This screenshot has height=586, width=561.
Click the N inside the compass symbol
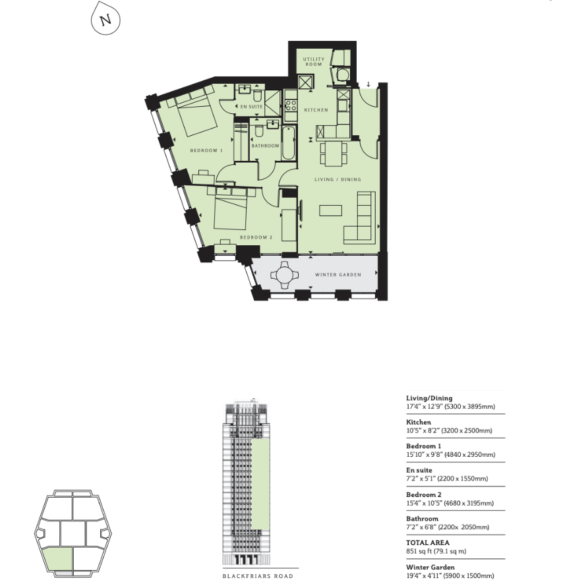106,19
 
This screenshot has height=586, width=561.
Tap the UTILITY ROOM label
314,62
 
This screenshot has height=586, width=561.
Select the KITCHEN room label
316,110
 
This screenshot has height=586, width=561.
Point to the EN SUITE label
252,107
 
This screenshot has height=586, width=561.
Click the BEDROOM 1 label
206,150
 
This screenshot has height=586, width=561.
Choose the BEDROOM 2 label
256,237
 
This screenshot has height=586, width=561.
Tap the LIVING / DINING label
338,179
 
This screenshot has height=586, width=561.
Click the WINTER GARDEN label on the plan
338,275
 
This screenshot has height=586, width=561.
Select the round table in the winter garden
285,276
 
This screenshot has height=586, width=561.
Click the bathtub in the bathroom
288,143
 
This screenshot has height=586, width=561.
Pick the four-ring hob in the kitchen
291,105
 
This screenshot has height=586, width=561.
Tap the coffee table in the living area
331,210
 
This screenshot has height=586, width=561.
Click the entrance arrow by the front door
369,84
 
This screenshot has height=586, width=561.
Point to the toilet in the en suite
258,96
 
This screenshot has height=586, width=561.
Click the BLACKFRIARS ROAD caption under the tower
258,576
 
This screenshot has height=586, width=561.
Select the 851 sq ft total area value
436,551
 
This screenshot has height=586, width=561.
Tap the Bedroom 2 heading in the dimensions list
424,494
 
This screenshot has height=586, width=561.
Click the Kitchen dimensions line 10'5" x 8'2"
449,430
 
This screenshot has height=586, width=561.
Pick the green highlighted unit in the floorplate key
58,559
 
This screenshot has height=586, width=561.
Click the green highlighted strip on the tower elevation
260,484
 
